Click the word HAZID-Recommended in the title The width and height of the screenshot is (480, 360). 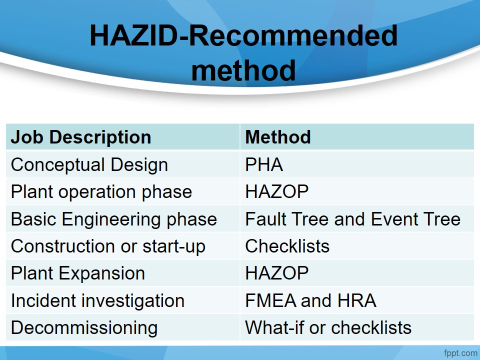pyautogui.click(x=243, y=35)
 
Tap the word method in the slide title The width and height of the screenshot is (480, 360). pyautogui.click(x=243, y=70)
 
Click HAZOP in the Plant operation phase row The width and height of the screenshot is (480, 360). pyautogui.click(x=276, y=191)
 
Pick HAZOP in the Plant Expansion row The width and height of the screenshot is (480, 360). pyautogui.click(x=276, y=273)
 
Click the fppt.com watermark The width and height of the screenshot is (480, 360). pyautogui.click(x=460, y=353)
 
